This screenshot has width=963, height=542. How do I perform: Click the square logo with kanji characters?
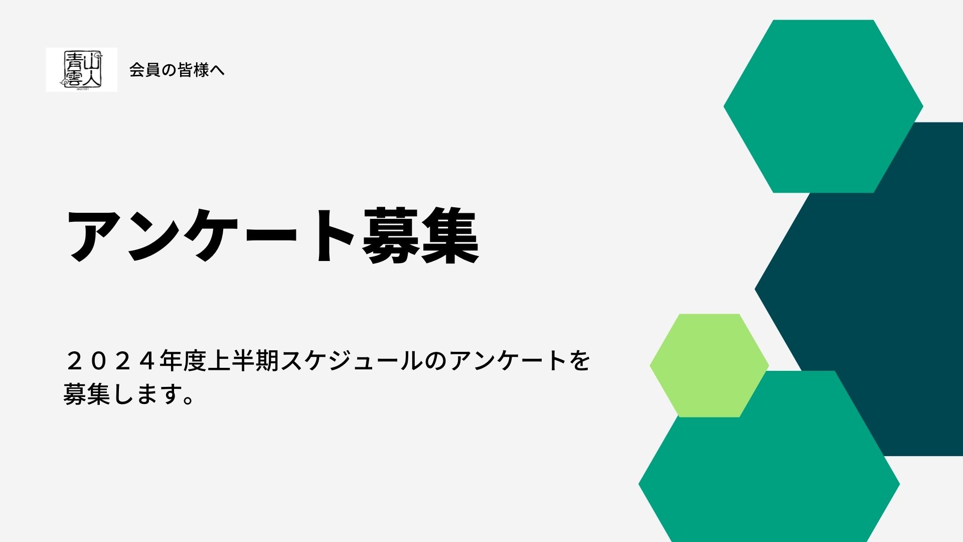[81, 70]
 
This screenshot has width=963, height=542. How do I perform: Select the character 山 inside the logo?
[92, 61]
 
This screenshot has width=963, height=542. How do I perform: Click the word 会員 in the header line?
[145, 70]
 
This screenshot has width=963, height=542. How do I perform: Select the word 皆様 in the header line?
[193, 70]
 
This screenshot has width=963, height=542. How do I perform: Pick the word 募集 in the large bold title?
[420, 235]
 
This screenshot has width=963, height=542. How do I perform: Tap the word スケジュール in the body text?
[352, 361]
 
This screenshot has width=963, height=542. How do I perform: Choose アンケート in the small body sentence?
[508, 361]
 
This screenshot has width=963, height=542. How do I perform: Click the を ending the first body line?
[580, 361]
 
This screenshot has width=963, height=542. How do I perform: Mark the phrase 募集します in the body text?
[122, 394]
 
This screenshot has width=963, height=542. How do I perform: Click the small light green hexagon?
[709, 365]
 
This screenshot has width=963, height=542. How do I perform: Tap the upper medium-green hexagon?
[823, 106]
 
